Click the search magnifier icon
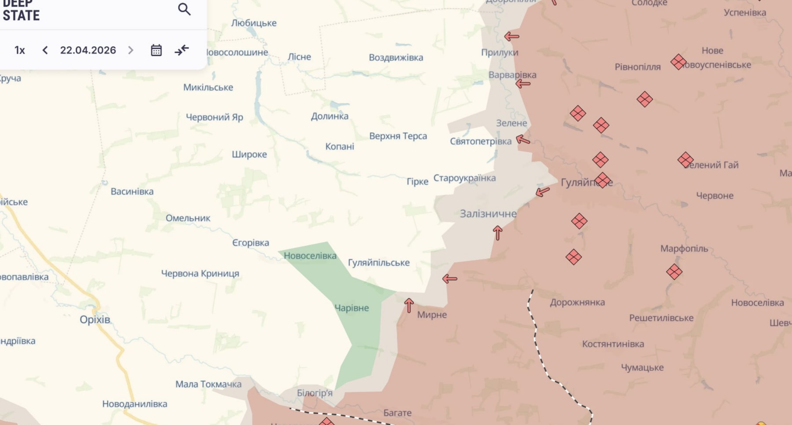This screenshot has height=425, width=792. (x=184, y=9)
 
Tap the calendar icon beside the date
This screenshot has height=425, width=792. (x=156, y=50)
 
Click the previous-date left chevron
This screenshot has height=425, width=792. (x=45, y=50)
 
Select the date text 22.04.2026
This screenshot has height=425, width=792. (x=88, y=50)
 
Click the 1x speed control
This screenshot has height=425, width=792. (x=20, y=50)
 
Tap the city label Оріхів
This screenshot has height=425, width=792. (x=95, y=319)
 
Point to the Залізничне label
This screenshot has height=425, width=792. (x=488, y=214)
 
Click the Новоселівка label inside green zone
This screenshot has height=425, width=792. (x=310, y=256)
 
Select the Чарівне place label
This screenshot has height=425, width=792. (x=351, y=308)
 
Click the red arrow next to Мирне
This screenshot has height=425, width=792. (x=409, y=305)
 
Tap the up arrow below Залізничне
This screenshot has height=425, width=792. (x=498, y=233)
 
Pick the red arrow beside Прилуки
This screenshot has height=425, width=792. (x=511, y=37)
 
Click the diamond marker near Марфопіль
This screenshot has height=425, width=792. (x=674, y=272)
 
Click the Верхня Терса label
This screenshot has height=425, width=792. (x=398, y=136)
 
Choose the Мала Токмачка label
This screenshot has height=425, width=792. (x=208, y=384)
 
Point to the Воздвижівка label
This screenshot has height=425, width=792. (x=396, y=58)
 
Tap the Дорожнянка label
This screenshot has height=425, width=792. (x=577, y=302)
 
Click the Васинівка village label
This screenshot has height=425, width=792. (x=132, y=191)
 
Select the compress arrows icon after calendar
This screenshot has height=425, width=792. (x=182, y=50)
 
